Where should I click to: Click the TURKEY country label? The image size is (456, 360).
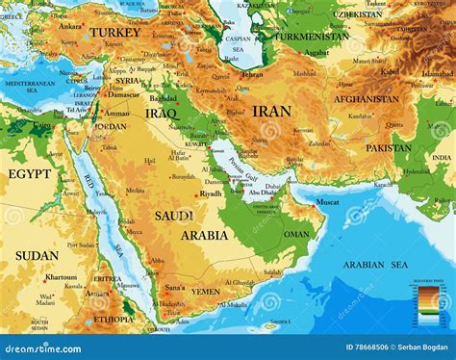(115, 33)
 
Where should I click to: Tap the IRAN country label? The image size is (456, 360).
(271, 111)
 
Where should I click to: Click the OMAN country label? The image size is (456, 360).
(296, 234)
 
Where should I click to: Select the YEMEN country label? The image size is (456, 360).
(205, 291)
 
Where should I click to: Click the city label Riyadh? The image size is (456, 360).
(212, 193)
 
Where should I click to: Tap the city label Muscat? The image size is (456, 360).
(327, 202)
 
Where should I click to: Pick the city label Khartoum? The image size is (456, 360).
(61, 276)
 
